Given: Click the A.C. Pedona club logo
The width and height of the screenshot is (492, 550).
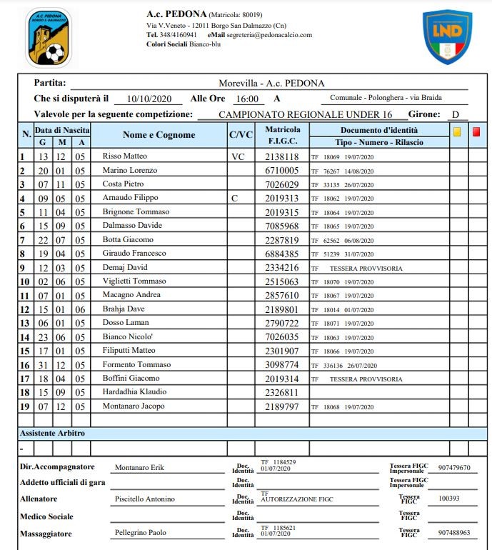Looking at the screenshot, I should (48, 36).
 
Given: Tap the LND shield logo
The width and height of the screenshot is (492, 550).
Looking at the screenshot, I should (447, 36).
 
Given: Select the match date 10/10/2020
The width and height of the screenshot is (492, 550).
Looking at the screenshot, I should (145, 99).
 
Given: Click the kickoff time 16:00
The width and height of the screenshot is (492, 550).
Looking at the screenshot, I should (247, 99).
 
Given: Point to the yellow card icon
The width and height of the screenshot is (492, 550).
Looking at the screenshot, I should (457, 131).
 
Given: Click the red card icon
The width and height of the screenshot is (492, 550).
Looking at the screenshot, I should (476, 131).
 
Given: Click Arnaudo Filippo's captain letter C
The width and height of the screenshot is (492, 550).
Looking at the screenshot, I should (234, 198).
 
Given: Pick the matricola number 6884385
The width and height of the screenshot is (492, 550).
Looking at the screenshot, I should (281, 254).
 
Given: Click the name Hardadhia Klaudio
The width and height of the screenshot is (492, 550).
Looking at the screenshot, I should (135, 392).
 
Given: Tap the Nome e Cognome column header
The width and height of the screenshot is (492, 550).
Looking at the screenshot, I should (159, 135).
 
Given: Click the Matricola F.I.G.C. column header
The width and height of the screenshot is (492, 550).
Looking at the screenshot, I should (282, 135).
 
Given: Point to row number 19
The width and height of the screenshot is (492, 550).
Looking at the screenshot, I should (24, 406).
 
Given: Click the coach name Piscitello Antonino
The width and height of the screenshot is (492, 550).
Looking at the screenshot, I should (145, 499).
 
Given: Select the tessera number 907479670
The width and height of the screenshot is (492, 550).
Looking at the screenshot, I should (454, 468).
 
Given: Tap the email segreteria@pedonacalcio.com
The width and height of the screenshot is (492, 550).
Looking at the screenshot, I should (270, 34).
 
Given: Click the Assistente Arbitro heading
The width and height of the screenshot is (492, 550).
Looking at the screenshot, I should (53, 433).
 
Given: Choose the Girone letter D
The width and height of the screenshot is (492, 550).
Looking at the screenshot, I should (454, 114).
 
